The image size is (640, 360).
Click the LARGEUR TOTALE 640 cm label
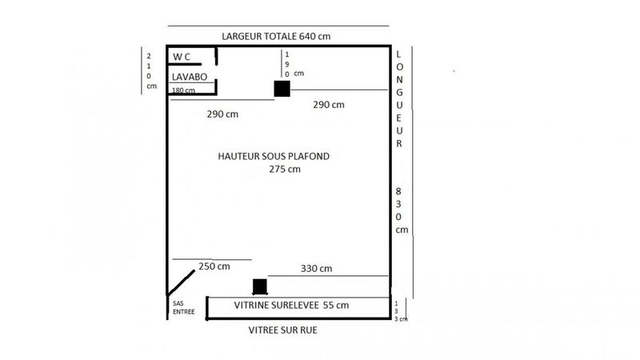click(x=276, y=37)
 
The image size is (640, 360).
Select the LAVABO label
click(x=190, y=77)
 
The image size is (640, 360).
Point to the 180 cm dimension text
click(x=183, y=90)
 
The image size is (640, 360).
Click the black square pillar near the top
click(x=282, y=89)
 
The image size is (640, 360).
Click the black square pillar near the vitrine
click(x=259, y=286)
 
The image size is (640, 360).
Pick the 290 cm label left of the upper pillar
click(x=222, y=114)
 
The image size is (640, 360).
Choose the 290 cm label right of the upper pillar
click(x=329, y=105)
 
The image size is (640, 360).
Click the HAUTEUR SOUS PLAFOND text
click(x=274, y=156)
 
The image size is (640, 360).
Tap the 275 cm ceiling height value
click(x=284, y=169)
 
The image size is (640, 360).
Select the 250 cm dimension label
click(x=214, y=266)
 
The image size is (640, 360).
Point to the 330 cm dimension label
click(x=316, y=268)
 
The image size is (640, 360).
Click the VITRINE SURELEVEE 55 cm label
click(x=291, y=306)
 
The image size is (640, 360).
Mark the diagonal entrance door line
click(x=182, y=282)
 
